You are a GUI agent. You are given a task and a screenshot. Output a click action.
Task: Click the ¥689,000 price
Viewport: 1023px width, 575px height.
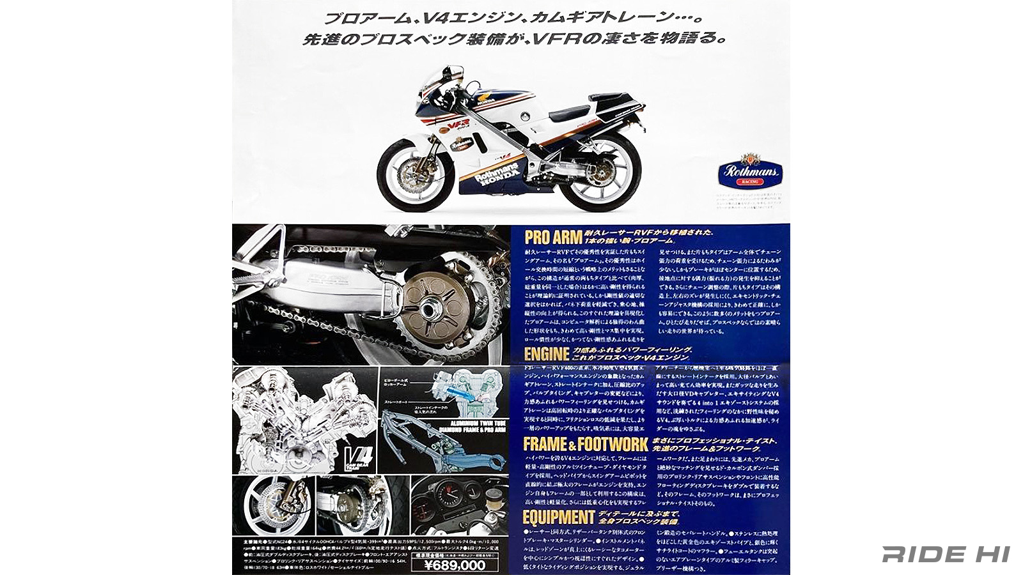point(455,565)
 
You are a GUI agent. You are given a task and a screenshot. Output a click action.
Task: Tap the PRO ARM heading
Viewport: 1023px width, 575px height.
point(553,238)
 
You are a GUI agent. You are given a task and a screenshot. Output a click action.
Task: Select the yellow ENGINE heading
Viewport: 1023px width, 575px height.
point(545,355)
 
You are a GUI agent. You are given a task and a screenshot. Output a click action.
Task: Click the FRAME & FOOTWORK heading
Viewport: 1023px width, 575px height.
point(585,444)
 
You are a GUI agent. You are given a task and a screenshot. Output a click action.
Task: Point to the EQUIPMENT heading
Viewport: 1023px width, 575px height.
point(558,517)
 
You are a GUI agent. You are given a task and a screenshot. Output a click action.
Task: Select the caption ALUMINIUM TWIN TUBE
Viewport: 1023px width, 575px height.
point(446,423)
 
